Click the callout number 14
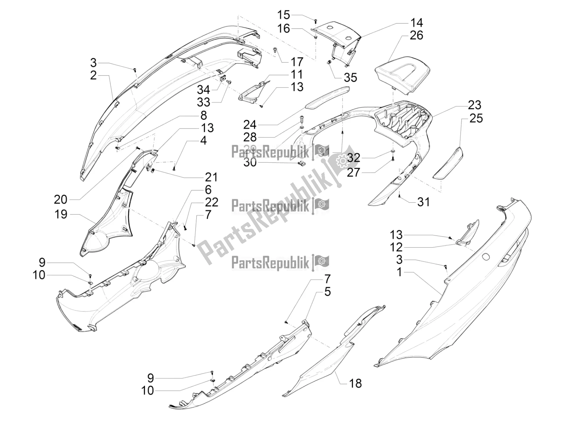[417, 23]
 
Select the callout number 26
[417, 35]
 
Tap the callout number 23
[474, 105]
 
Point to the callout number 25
[476, 118]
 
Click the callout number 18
[355, 383]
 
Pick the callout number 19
[61, 214]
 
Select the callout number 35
[350, 78]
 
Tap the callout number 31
[423, 202]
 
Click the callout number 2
[93, 75]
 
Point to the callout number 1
[399, 272]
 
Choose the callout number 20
[61, 200]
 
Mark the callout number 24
[250, 125]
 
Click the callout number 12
[396, 247]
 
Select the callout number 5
[327, 292]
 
